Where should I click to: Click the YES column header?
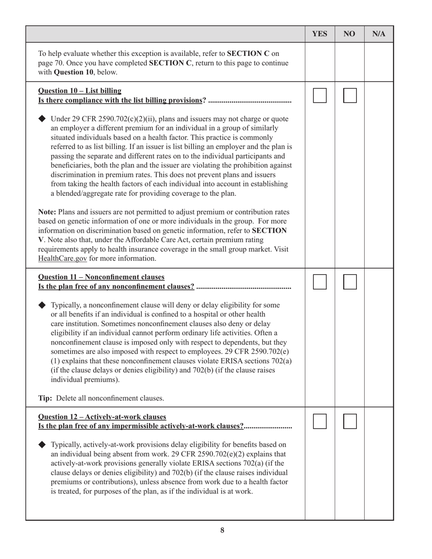coord(320,34)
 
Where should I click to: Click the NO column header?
coord(349,34)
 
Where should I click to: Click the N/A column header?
coord(379,34)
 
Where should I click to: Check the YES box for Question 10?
coord(320,95)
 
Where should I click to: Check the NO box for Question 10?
coord(350,95)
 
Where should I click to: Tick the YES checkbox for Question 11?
coord(320,282)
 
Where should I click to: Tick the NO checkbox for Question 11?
coord(350,282)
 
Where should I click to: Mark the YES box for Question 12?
coord(320,421)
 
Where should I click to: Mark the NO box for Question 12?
coord(350,421)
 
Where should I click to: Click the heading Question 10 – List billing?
coord(80,90)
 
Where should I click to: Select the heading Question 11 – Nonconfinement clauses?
coord(101,277)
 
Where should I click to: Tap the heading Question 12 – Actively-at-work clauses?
coord(102,416)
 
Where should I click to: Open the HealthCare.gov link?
coord(62,259)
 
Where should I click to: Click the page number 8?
coord(222,530)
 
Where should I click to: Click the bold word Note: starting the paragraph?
coord(47,212)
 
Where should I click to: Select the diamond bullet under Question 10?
coord(42,119)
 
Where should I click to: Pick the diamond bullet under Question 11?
coord(42,305)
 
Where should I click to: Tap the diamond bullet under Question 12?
coord(42,444)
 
